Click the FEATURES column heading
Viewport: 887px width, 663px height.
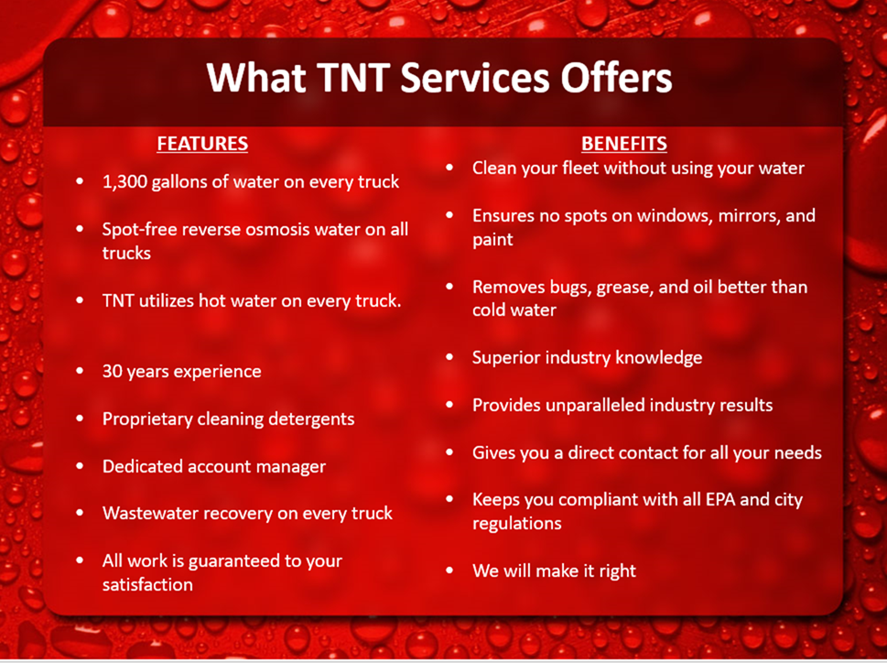coord(202,144)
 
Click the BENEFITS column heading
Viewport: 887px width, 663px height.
coord(624,144)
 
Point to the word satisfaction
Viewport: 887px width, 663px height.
coord(147,584)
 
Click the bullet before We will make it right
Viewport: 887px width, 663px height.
coord(449,570)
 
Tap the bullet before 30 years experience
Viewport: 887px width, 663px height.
coord(80,371)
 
